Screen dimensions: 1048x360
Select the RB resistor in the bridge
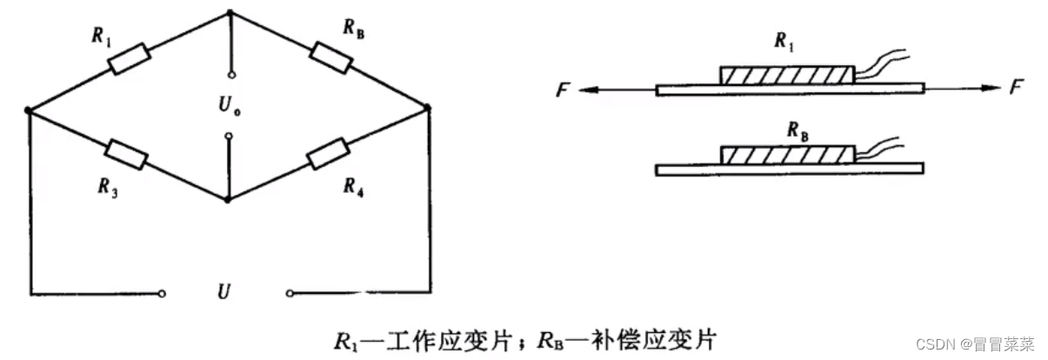click(330, 58)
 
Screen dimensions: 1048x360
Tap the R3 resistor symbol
click(126, 153)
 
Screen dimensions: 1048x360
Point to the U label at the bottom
click(224, 291)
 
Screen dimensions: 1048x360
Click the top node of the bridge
click(230, 12)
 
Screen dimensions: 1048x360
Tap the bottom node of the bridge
click(228, 199)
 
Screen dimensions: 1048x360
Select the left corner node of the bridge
click(29, 110)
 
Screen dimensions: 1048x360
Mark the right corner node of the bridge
click(429, 107)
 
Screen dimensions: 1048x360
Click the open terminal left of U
click(163, 293)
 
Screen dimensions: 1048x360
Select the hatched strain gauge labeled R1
click(786, 75)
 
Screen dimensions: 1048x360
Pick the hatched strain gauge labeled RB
click(786, 155)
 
